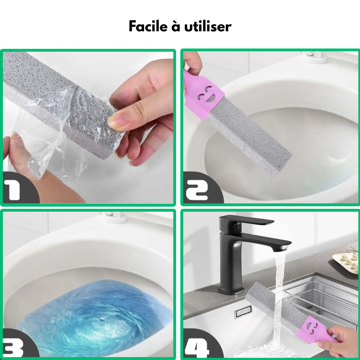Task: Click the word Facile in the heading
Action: [x=148, y=26]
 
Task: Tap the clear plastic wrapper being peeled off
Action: [x=55, y=129]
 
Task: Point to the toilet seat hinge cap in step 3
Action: [x=116, y=217]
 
